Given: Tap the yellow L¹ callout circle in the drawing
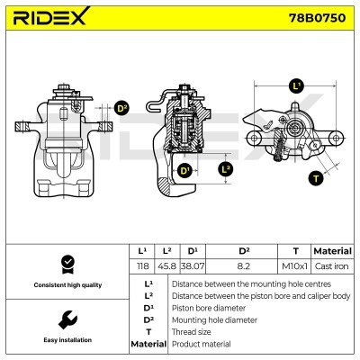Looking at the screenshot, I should point(296,87).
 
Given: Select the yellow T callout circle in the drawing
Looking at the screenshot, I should point(315,178).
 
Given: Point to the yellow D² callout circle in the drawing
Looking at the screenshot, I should point(121,110).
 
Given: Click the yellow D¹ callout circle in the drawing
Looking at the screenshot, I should point(184,171).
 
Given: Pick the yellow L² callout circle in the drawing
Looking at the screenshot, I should point(226,168).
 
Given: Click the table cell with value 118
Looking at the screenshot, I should point(141,266).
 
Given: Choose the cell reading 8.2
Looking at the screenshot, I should point(243,266).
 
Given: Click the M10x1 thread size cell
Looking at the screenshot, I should point(294,266).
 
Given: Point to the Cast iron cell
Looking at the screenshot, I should point(331,266).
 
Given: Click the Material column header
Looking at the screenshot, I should point(331,250).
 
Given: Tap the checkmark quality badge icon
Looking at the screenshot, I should point(66,263).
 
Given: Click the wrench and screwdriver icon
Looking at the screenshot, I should point(66,319).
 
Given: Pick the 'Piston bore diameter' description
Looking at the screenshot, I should point(208,307).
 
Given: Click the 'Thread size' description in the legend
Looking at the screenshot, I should point(193,331).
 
